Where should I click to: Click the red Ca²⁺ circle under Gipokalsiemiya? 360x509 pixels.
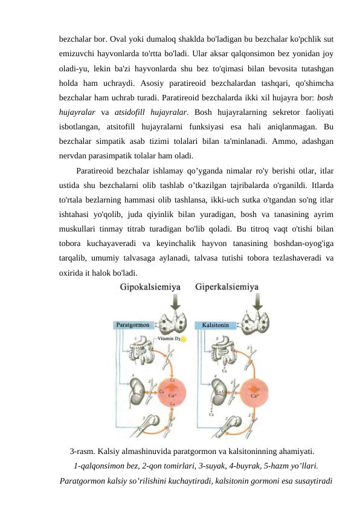point(174,396)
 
